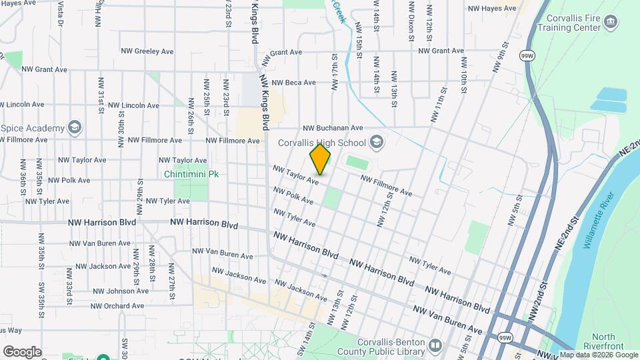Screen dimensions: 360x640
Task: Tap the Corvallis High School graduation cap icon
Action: coord(377,142)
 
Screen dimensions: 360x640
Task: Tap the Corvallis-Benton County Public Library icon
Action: coord(435,345)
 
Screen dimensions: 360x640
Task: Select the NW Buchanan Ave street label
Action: coord(333,127)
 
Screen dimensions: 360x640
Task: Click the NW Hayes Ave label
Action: coord(492,9)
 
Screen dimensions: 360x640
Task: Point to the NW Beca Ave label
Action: coord(291,82)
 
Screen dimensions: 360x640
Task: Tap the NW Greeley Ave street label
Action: coord(147,51)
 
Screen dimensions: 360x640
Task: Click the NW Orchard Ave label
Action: coord(117,306)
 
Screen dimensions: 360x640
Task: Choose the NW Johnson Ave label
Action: coord(121,291)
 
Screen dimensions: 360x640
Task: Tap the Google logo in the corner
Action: coord(22,351)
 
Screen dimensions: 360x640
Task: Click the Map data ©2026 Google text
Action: coord(599,355)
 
